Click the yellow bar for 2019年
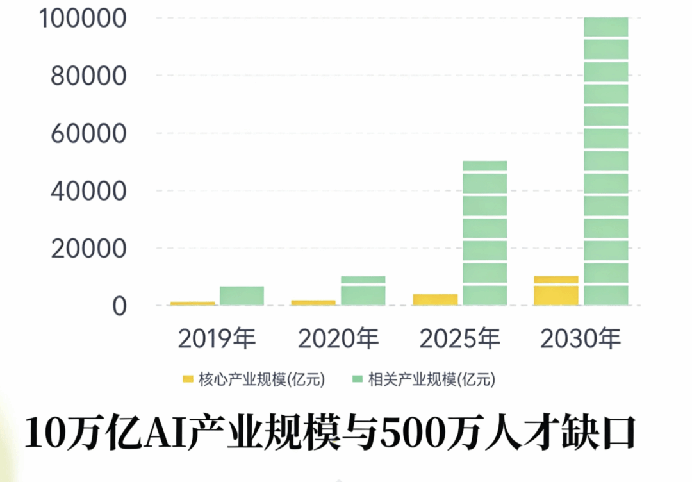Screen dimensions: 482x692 click(193, 303)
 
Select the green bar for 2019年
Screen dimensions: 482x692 click(242, 295)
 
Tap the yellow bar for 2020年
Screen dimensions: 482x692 click(313, 303)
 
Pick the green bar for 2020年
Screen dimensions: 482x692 click(363, 290)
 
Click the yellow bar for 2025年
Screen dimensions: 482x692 click(435, 299)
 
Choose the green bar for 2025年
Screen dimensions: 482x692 click(484, 233)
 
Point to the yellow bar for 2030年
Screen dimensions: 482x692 click(556, 290)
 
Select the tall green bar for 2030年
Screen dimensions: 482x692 click(605, 161)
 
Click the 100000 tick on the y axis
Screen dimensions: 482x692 click(81, 19)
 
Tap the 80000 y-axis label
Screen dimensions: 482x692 click(88, 76)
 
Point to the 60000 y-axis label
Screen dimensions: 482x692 click(88, 134)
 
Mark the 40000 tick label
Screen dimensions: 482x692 click(88, 191)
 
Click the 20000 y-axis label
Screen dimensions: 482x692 click(88, 249)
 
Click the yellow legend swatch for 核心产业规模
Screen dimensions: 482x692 click(188, 379)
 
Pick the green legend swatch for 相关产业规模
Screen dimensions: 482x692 click(357, 379)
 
